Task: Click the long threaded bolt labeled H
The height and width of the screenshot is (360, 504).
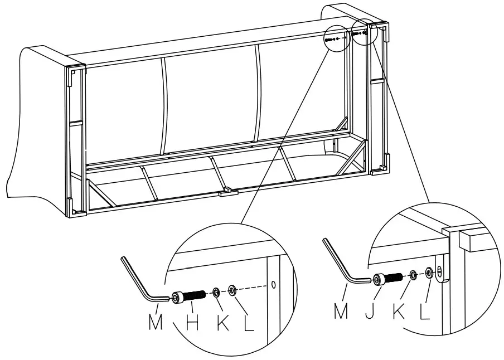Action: [191, 297]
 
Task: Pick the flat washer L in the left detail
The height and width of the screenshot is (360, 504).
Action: [232, 290]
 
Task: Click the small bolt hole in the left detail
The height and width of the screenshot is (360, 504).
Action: [273, 285]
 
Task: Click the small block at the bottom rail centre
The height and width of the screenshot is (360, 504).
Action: [229, 193]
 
